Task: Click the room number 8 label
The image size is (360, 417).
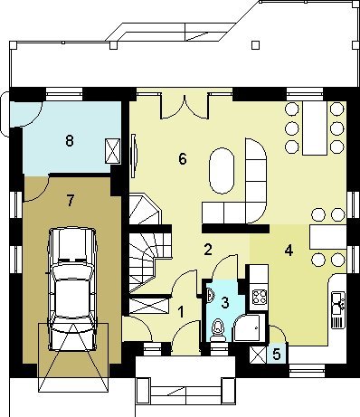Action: tap(70, 140)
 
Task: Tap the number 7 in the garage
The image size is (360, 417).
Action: tap(71, 201)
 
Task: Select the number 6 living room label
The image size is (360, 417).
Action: tap(183, 158)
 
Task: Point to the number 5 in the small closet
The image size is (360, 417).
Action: tap(277, 355)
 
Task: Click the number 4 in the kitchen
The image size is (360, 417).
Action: tap(289, 250)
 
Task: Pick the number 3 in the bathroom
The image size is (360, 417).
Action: tap(225, 302)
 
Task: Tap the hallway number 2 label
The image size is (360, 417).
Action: tap(208, 250)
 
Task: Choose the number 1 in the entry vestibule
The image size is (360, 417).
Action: tap(181, 312)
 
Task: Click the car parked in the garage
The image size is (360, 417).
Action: tap(72, 289)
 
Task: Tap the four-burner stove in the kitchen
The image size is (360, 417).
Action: tap(260, 297)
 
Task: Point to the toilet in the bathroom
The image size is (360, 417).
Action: tap(217, 331)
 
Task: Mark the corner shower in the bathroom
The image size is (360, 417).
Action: tap(247, 327)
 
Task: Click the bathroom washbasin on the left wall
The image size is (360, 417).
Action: tap(211, 295)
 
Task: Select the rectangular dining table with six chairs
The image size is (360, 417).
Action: tap(315, 128)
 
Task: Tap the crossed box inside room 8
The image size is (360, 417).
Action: tap(112, 151)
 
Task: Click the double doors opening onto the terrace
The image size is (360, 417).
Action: tap(185, 106)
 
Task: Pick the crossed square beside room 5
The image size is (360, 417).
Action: tap(258, 355)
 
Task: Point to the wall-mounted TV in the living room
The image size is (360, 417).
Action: tap(134, 156)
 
